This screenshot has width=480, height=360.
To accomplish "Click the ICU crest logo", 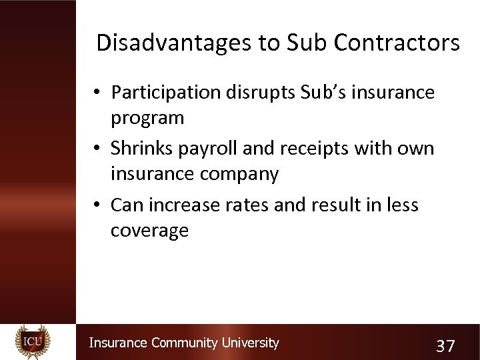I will [33, 342].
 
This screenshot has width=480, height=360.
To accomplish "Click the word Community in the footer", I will [184, 343].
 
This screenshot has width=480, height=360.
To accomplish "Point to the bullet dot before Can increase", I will [97, 205].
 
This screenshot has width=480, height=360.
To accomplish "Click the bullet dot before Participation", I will [97, 93].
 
